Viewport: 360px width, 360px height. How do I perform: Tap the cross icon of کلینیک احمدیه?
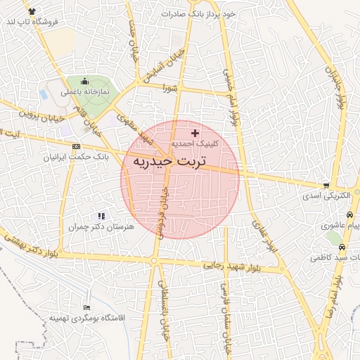(195, 132)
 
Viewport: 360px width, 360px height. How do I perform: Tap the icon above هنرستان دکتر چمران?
(101, 216)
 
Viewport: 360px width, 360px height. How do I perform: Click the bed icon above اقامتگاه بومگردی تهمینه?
(86, 308)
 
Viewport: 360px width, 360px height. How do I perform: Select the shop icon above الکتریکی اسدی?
(326, 186)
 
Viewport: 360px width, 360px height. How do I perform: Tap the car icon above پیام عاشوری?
(349, 214)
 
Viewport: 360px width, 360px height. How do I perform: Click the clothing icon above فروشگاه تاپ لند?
(32, 11)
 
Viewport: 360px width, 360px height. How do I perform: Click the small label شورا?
(169, 88)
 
